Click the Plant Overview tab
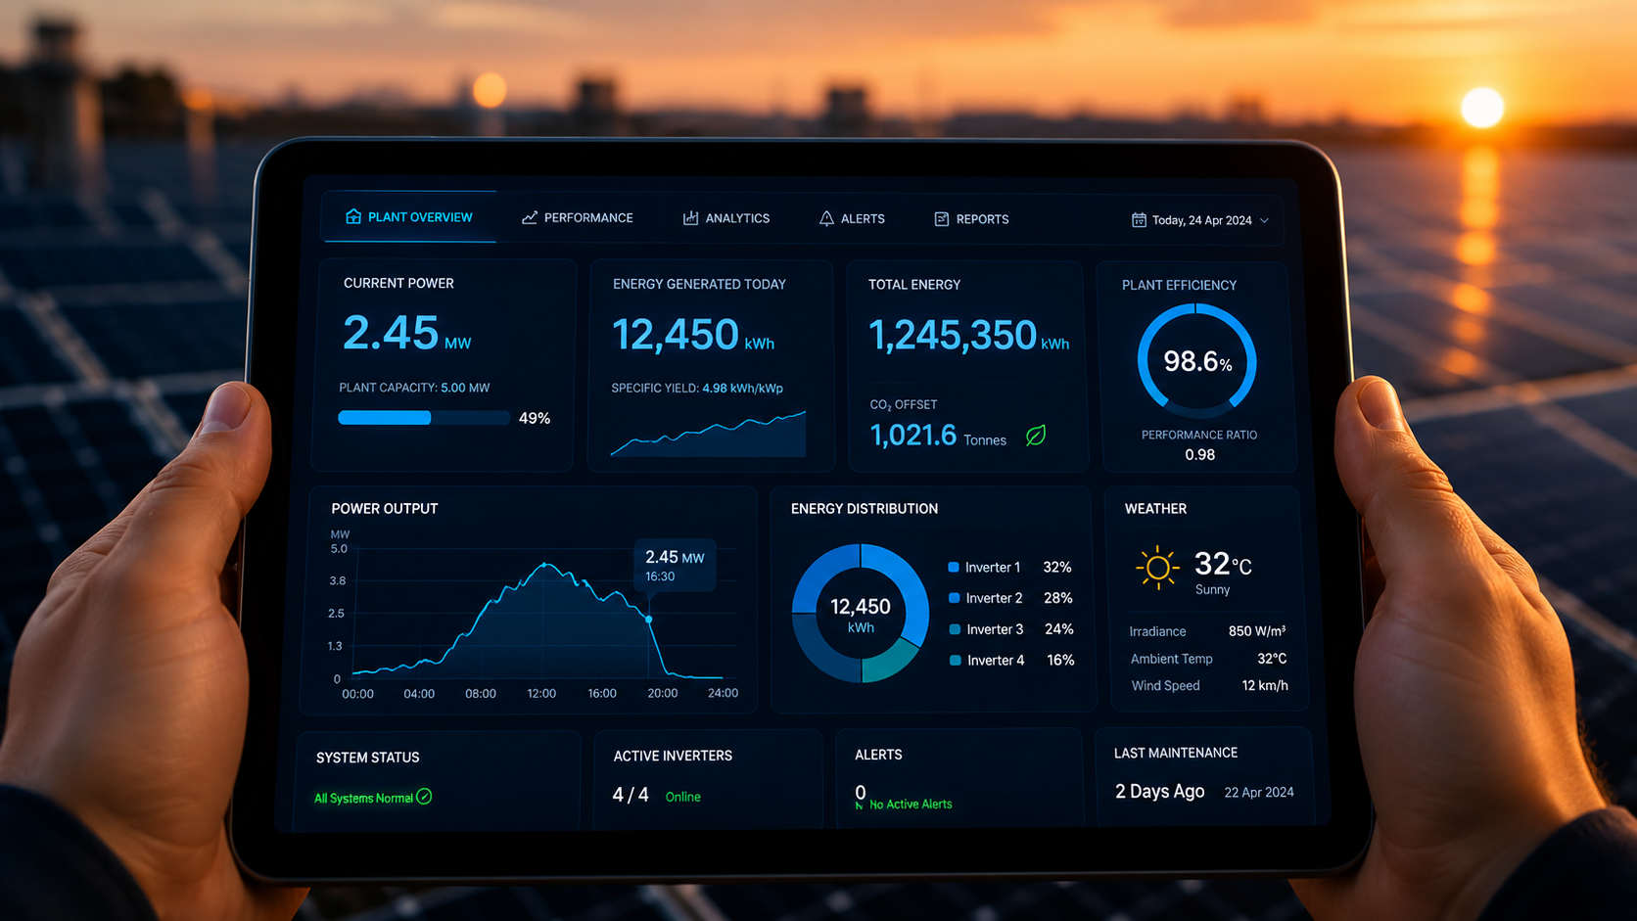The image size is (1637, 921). click(x=409, y=217)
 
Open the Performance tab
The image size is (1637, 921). click(x=578, y=217)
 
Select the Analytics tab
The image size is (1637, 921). click(x=726, y=218)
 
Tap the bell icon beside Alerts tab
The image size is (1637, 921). click(x=825, y=218)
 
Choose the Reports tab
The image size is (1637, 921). click(x=971, y=219)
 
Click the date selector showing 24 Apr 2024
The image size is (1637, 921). click(x=1200, y=220)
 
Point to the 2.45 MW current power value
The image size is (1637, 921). click(x=406, y=333)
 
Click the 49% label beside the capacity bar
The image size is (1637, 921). click(x=535, y=419)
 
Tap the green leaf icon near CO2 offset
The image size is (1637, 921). click(x=1036, y=436)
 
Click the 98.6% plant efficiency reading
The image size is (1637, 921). click(x=1197, y=361)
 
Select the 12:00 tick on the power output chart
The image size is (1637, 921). click(x=541, y=693)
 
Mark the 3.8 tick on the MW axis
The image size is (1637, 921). click(x=338, y=580)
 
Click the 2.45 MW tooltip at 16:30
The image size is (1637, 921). click(x=675, y=566)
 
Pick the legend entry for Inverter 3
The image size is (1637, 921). click(x=987, y=629)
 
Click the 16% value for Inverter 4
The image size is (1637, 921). click(x=1060, y=661)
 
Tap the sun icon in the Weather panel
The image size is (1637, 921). click(x=1157, y=567)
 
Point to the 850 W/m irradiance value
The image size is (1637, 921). click(x=1257, y=631)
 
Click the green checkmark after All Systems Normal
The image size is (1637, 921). click(x=424, y=797)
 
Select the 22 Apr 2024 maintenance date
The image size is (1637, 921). click(x=1259, y=793)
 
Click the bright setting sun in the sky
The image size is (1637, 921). click(x=1482, y=108)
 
